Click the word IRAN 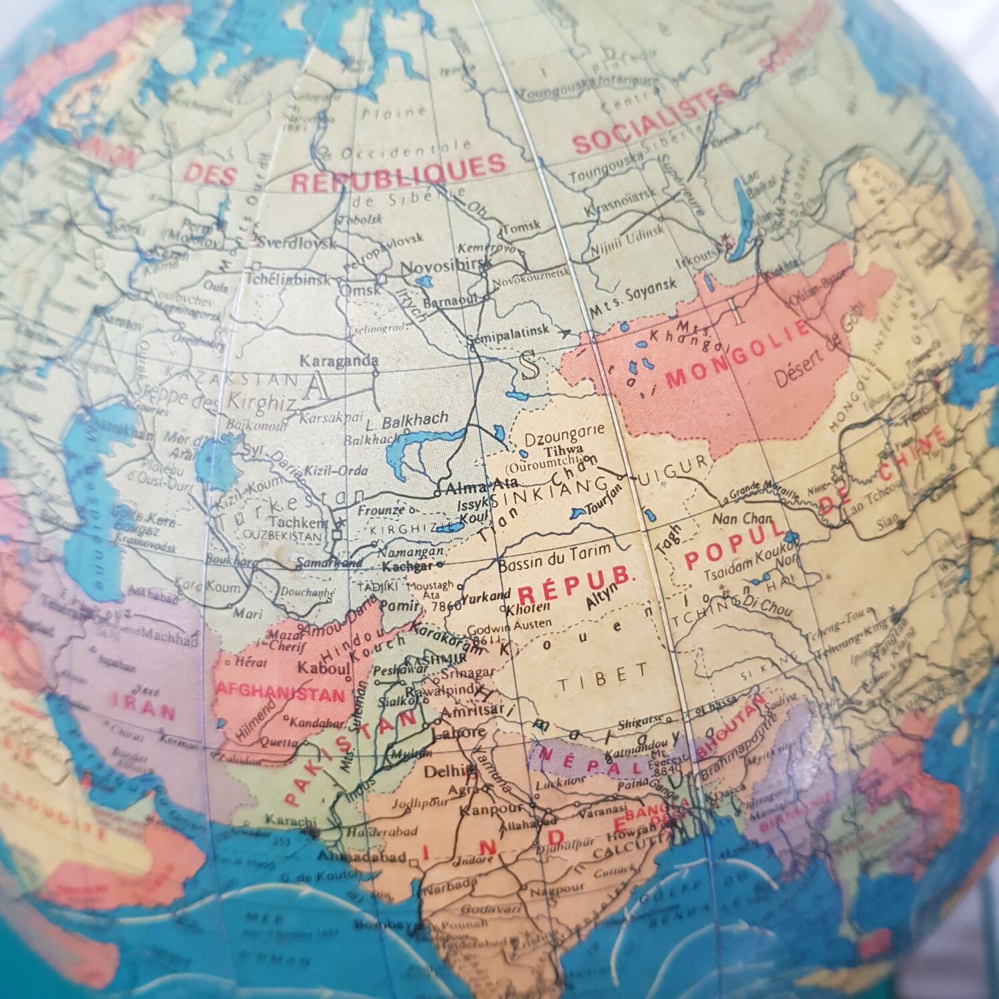(144, 706)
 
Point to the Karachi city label (290, 820)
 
